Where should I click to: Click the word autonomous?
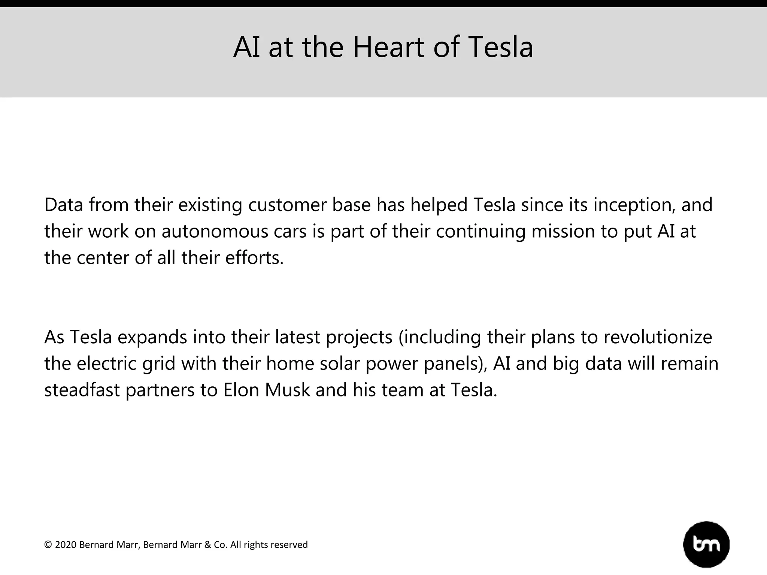click(215, 232)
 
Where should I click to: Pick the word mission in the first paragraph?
click(563, 232)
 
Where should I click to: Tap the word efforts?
click(254, 258)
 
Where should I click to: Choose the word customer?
click(287, 206)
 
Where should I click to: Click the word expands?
click(152, 338)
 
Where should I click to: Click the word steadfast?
click(82, 390)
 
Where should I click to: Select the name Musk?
click(288, 390)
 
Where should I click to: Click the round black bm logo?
click(706, 544)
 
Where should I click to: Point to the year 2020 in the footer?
click(66, 545)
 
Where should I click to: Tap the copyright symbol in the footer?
click(48, 545)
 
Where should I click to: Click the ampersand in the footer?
click(208, 545)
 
